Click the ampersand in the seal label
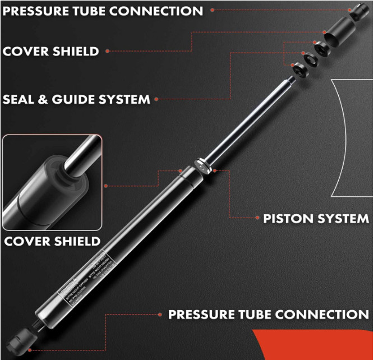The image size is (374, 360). (x=44, y=100)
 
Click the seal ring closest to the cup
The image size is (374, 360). (x=322, y=48)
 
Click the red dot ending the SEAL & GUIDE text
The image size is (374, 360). (x=156, y=100)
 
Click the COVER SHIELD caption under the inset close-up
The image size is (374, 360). (x=52, y=242)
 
